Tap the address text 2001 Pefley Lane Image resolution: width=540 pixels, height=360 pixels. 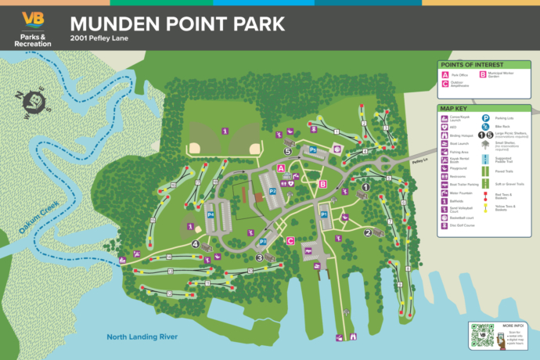98,38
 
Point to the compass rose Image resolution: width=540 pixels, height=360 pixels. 33,101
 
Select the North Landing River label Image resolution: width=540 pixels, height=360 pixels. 142,337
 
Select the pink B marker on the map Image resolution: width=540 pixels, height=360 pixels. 322,184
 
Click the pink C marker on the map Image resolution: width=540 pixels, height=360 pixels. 290,241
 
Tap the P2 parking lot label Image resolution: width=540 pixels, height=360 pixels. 273,190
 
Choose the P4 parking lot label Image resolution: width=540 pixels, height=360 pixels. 211,214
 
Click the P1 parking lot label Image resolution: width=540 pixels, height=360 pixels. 324,214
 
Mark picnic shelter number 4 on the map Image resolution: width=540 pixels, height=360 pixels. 194,243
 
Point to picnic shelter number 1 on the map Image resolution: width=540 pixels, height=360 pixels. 365,187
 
